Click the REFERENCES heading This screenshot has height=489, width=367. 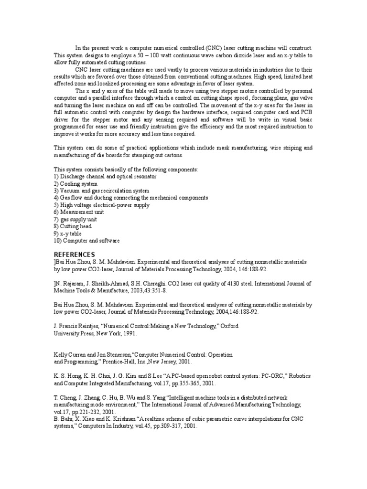(x=74, y=254)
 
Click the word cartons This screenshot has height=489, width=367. (x=173, y=156)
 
